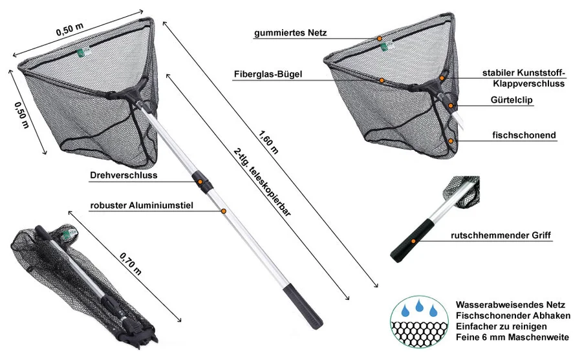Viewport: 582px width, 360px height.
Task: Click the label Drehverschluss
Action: click(x=124, y=175)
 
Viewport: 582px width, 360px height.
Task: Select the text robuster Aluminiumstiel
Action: click(x=142, y=206)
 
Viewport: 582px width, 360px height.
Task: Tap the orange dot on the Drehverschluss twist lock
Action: click(x=200, y=182)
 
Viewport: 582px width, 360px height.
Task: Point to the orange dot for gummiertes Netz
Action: click(x=380, y=38)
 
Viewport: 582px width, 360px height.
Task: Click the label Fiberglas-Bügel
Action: click(x=268, y=74)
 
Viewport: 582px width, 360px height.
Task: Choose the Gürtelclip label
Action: click(x=512, y=100)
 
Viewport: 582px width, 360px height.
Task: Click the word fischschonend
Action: click(x=524, y=135)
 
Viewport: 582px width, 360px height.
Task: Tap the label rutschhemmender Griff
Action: click(x=501, y=235)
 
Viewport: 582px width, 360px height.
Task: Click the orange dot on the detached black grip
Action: click(x=413, y=241)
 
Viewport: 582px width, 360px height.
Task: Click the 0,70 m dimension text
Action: click(x=131, y=264)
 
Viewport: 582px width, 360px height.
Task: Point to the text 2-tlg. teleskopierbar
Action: click(x=262, y=182)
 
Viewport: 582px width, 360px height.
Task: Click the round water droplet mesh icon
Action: click(x=419, y=321)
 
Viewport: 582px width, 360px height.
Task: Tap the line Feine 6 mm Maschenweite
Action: click(x=512, y=337)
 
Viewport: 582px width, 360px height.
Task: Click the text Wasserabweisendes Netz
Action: click(x=510, y=305)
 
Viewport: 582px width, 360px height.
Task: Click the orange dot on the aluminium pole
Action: click(x=224, y=211)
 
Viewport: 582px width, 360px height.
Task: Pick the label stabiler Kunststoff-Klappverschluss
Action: click(x=524, y=78)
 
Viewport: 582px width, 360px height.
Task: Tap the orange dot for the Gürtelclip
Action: click(x=450, y=106)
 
